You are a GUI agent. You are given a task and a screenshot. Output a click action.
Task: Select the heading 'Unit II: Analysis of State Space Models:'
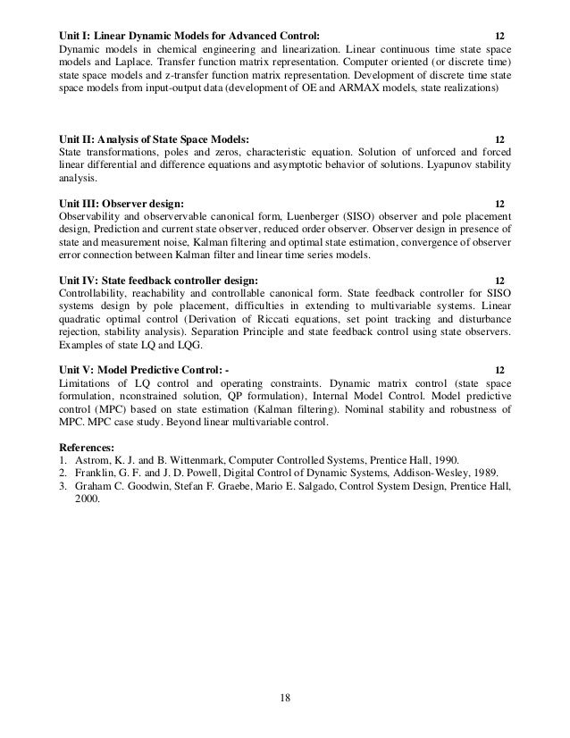coord(154,139)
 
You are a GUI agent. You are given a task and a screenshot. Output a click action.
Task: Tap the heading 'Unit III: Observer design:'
coord(122,203)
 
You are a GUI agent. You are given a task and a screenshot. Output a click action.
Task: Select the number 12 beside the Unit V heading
coord(499,370)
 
